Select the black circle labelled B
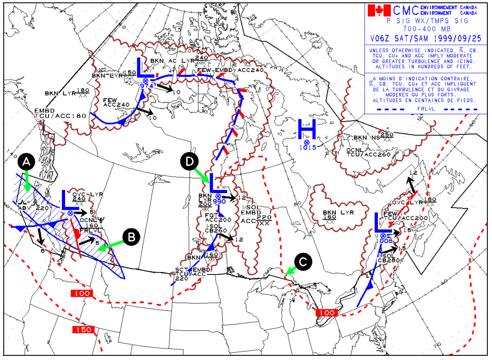[x=131, y=237]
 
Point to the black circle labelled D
[x=189, y=161]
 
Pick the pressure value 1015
[x=307, y=148]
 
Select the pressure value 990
[x=219, y=202]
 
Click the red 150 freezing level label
[x=83, y=329]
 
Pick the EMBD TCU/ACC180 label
[x=60, y=113]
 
